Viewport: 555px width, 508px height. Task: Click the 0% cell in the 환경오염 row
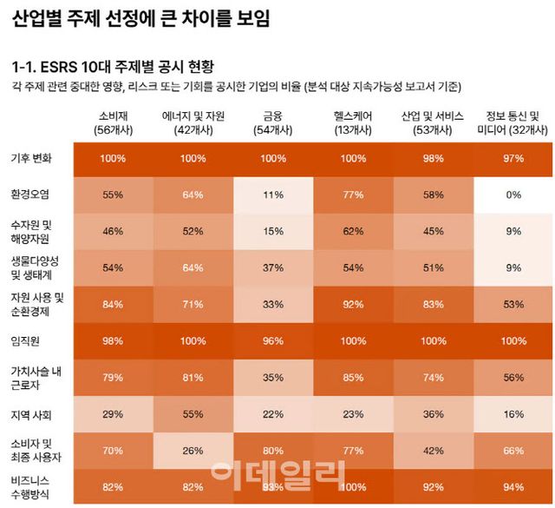coord(513,195)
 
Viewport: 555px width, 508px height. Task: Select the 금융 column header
coord(273,122)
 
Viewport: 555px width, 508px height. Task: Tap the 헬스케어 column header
coord(353,122)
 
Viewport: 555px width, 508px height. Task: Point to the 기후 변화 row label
coord(30,159)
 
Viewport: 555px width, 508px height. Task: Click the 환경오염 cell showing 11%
coord(273,195)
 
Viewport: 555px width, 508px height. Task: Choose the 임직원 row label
coord(26,340)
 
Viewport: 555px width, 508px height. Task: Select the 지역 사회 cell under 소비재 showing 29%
coord(113,414)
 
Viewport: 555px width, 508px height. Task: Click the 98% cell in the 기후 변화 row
coord(434,159)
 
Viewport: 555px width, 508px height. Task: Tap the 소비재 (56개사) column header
coord(113,122)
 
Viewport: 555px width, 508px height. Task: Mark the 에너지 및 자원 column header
coord(193,122)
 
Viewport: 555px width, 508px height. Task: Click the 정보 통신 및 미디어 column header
coord(513,122)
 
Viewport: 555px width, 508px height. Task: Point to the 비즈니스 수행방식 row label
coord(33,486)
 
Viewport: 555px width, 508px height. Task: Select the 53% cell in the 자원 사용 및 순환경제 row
coord(513,304)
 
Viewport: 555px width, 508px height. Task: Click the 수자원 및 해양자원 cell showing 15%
coord(273,232)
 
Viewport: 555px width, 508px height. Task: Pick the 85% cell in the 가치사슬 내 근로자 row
coord(353,377)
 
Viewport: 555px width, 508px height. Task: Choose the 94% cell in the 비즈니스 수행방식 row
coord(513,486)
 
